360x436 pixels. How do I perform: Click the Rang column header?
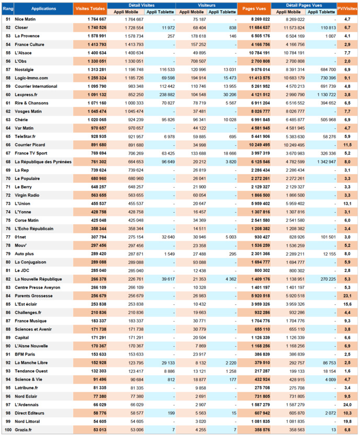(x=8, y=9)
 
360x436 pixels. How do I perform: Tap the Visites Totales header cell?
(x=90, y=9)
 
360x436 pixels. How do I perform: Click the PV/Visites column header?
(x=347, y=9)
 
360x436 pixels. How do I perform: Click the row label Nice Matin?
(x=25, y=19)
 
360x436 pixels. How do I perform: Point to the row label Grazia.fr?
(x=24, y=429)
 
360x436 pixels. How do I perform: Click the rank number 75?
(x=8, y=220)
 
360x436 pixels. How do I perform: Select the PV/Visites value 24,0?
(x=347, y=404)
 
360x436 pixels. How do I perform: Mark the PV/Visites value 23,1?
(x=347, y=295)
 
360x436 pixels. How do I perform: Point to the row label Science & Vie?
(x=28, y=379)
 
